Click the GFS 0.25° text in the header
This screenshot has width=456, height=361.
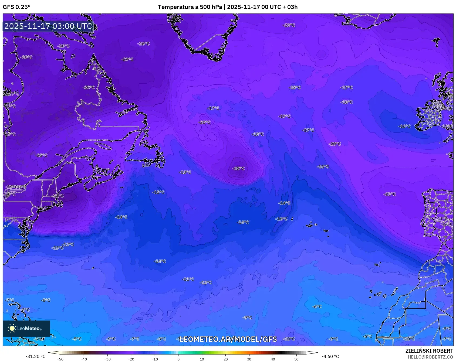[x=16, y=7]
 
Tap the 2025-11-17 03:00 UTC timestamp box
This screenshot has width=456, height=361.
[x=48, y=26]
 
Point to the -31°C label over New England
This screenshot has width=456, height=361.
[x=58, y=196]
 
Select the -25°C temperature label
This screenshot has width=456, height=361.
[x=41, y=155]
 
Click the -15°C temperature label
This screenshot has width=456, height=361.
[x=158, y=192]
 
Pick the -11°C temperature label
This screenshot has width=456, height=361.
[x=188, y=279]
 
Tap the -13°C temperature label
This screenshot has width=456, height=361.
[x=58, y=248]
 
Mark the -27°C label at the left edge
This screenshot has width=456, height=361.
[x=13, y=94]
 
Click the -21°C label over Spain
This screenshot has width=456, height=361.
[x=442, y=219]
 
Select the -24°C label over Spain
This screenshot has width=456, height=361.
[x=447, y=224]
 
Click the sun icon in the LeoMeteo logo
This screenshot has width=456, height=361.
[x=12, y=328]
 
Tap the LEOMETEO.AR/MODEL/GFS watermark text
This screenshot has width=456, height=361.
[x=228, y=339]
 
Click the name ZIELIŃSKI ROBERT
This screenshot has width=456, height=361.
[x=429, y=351]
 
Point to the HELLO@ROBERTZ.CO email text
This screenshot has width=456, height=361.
[x=430, y=357]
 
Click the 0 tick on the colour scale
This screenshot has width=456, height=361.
[x=178, y=359]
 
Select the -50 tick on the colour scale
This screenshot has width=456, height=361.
[x=60, y=359]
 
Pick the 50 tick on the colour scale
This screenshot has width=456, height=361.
[x=296, y=359]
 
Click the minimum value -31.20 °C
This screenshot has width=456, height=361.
[x=35, y=356]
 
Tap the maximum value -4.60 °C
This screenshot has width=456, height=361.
[x=330, y=356]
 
